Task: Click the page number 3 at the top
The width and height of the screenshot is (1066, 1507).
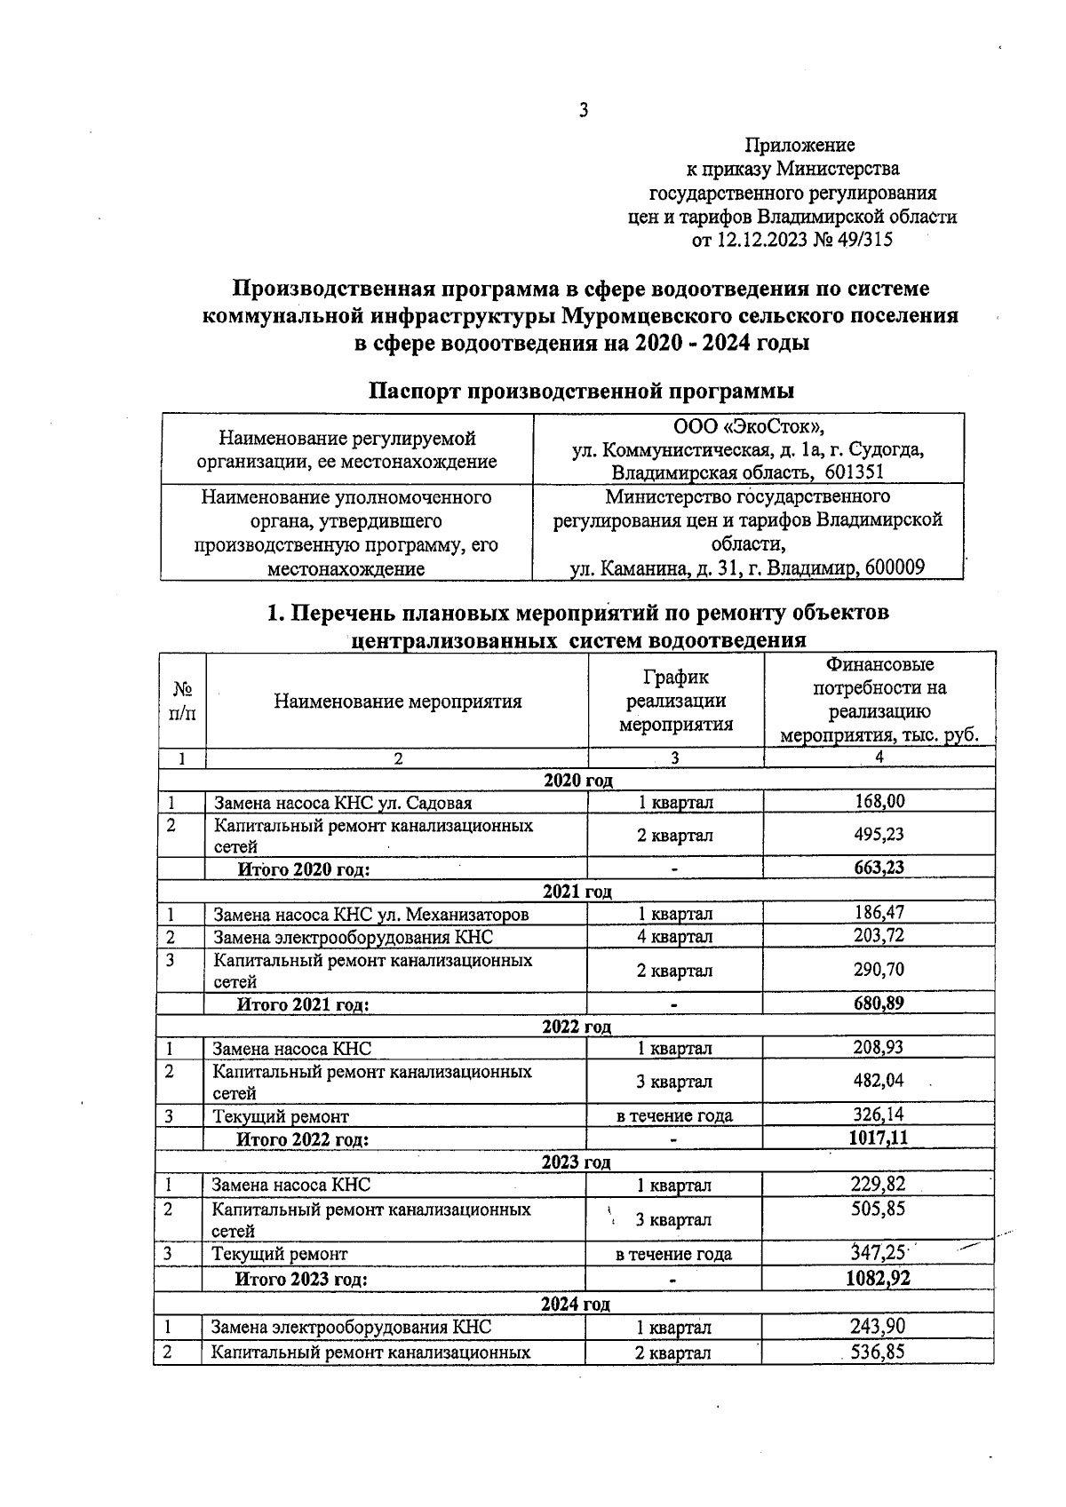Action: pyautogui.click(x=583, y=110)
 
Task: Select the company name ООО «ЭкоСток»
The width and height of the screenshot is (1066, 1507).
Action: pyautogui.click(x=749, y=426)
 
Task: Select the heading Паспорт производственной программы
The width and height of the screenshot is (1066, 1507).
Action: pyautogui.click(x=581, y=391)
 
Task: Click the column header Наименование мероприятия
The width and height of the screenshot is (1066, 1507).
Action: pyautogui.click(x=397, y=702)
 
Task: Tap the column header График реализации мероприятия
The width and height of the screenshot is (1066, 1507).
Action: pyautogui.click(x=676, y=701)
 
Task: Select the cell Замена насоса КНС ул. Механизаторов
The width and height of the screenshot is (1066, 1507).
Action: pyautogui.click(x=370, y=914)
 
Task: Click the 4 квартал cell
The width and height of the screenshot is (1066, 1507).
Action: pyautogui.click(x=675, y=936)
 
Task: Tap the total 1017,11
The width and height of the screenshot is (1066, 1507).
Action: pyautogui.click(x=879, y=1138)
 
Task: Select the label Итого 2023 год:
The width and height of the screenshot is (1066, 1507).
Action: pyautogui.click(x=300, y=1279)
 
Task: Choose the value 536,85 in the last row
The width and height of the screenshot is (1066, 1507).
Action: pyautogui.click(x=879, y=1352)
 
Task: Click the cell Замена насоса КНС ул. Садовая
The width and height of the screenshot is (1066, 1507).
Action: pyautogui.click(x=342, y=803)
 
